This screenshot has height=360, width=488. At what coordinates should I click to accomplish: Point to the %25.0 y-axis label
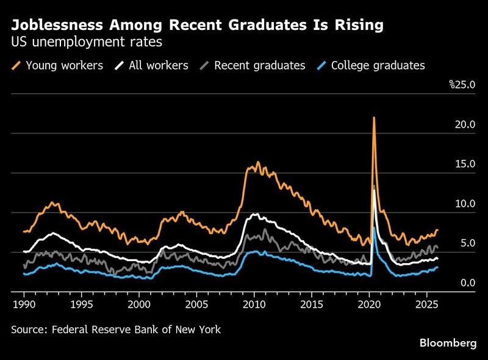(462, 84)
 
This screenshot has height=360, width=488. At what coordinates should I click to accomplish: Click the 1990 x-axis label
(23, 303)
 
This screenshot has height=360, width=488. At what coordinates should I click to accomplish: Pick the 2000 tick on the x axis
(138, 303)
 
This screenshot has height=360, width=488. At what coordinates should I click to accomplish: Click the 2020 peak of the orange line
(374, 118)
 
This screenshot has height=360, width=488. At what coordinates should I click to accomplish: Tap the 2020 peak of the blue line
(374, 228)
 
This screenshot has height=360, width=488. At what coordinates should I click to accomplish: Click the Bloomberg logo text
(448, 344)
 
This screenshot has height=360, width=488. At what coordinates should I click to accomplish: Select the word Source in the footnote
(27, 329)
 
